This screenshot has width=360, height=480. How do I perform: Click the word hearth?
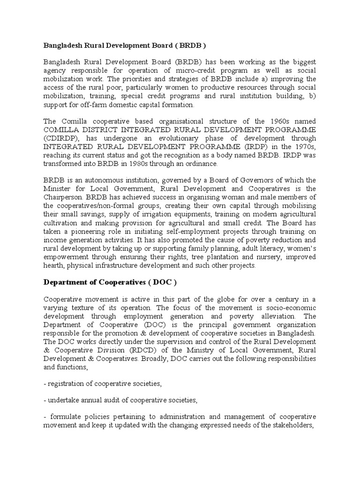pos(54,265)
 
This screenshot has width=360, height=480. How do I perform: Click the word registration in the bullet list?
pos(65,383)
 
